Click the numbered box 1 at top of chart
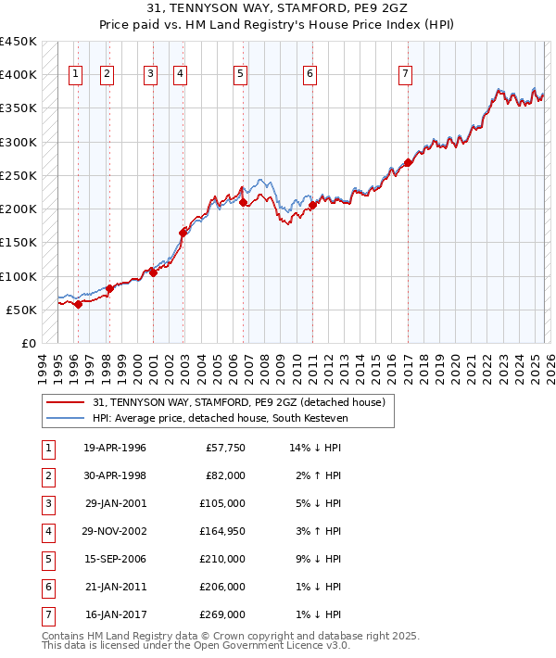[75, 75]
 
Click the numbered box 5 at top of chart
[241, 75]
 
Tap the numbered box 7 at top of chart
[405, 75]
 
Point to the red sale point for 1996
[79, 304]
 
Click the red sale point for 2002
[183, 233]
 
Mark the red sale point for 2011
[312, 206]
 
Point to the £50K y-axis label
[21, 310]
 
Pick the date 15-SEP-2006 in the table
[115, 559]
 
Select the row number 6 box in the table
[47, 587]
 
